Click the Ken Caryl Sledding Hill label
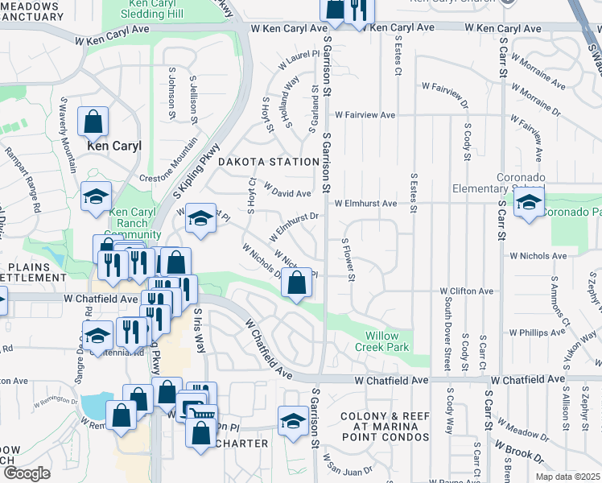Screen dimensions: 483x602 [157, 10]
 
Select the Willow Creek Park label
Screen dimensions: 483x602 [382, 341]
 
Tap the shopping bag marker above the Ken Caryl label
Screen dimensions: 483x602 [93, 122]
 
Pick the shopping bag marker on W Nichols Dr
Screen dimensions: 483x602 [297, 283]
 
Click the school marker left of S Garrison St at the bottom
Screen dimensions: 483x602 [292, 419]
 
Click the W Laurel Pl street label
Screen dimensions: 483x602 [300, 61]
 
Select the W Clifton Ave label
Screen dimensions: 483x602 [467, 291]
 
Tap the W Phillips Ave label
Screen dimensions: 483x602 [537, 332]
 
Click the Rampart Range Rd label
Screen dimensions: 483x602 [23, 179]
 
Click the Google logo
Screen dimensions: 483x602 [27, 473]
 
